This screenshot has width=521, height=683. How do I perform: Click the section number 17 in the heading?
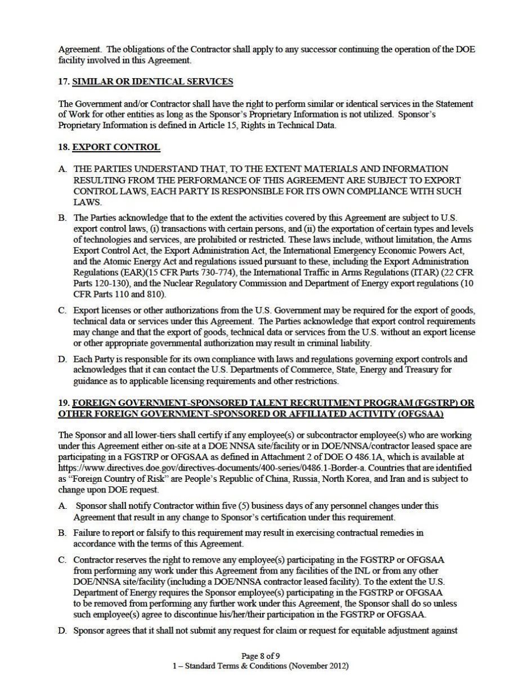pyautogui.click(x=62, y=82)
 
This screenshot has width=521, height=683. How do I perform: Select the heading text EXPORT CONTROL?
pyautogui.click(x=116, y=147)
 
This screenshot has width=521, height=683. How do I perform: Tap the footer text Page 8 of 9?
pyautogui.click(x=260, y=656)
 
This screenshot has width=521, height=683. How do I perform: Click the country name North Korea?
pyautogui.click(x=381, y=478)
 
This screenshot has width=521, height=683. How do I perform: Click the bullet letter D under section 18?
pyautogui.click(x=62, y=359)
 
